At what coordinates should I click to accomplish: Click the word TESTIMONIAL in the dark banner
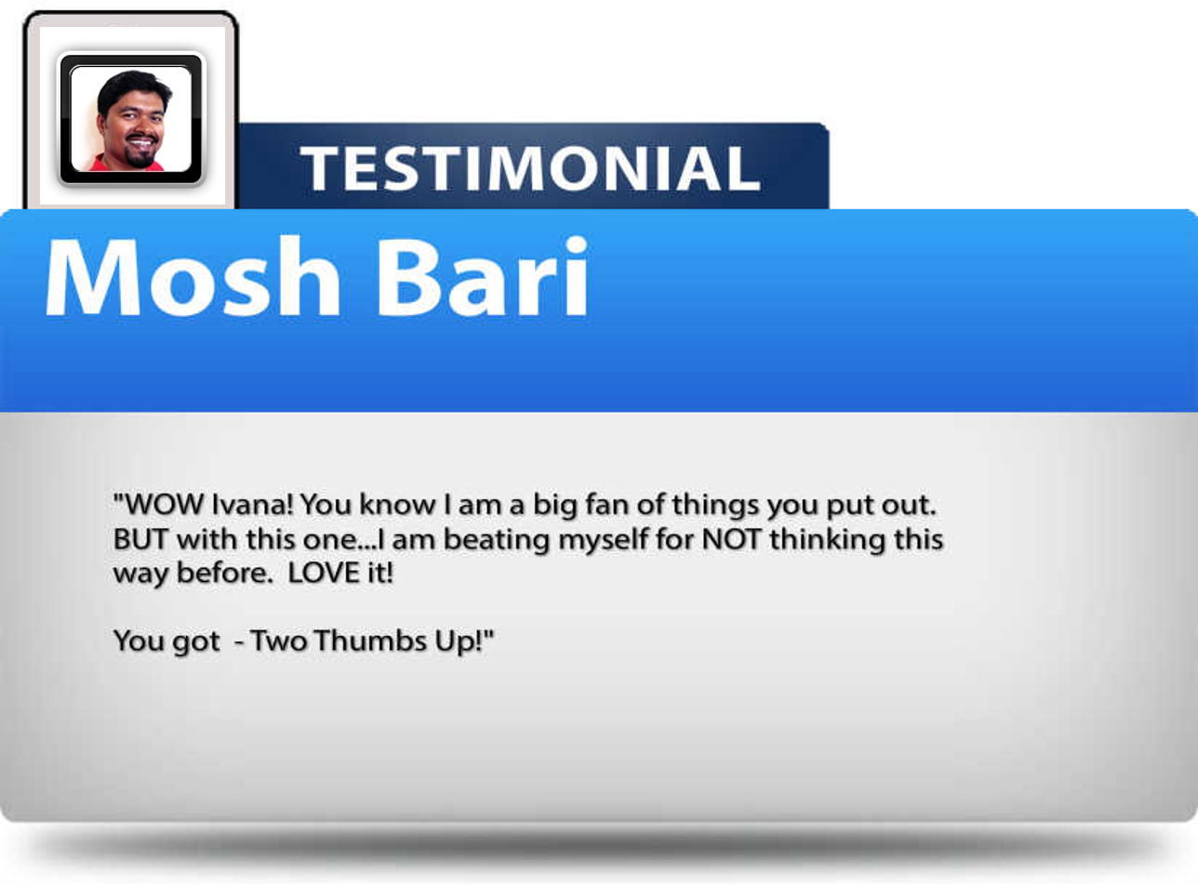(530, 168)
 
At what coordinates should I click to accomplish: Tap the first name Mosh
(193, 276)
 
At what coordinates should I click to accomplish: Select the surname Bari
(483, 276)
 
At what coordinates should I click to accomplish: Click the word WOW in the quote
(165, 505)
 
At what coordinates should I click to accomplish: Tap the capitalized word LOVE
(323, 573)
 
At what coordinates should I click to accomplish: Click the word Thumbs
(370, 641)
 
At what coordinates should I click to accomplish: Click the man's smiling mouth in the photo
(141, 143)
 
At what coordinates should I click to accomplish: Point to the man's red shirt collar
(102, 163)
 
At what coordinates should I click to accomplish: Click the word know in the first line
(397, 505)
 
